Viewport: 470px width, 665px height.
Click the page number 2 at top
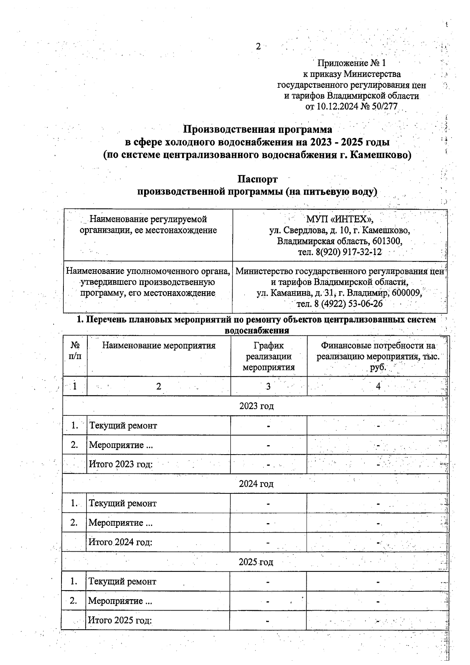(x=258, y=47)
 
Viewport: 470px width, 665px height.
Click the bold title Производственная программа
(x=258, y=129)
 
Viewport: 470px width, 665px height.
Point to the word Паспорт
(x=257, y=179)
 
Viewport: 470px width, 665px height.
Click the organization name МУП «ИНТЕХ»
(x=340, y=219)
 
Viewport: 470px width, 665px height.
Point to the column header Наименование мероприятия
(x=159, y=346)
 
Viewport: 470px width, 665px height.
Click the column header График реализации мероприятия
(x=268, y=357)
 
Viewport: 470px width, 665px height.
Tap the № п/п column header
(x=75, y=351)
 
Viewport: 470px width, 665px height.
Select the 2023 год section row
(x=256, y=406)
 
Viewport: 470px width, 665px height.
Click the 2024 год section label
(x=256, y=484)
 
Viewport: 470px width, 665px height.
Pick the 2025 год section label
(x=256, y=562)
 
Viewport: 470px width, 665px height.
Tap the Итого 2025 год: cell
(x=120, y=620)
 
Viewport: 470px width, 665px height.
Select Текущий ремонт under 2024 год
(x=123, y=504)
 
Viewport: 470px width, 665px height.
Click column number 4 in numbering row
(x=378, y=386)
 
